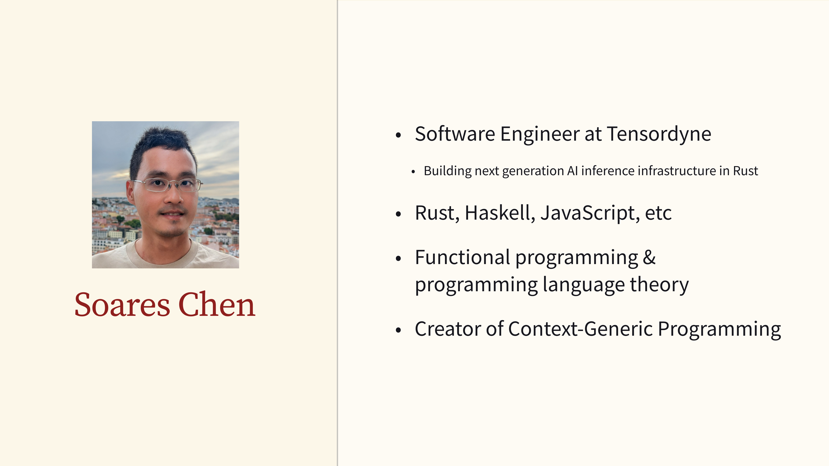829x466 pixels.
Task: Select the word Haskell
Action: pyautogui.click(x=500, y=213)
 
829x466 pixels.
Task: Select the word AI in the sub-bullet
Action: pyautogui.click(x=572, y=171)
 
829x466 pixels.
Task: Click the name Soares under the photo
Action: pyautogui.click(x=122, y=305)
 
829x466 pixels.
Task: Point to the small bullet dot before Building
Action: pyautogui.click(x=413, y=172)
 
